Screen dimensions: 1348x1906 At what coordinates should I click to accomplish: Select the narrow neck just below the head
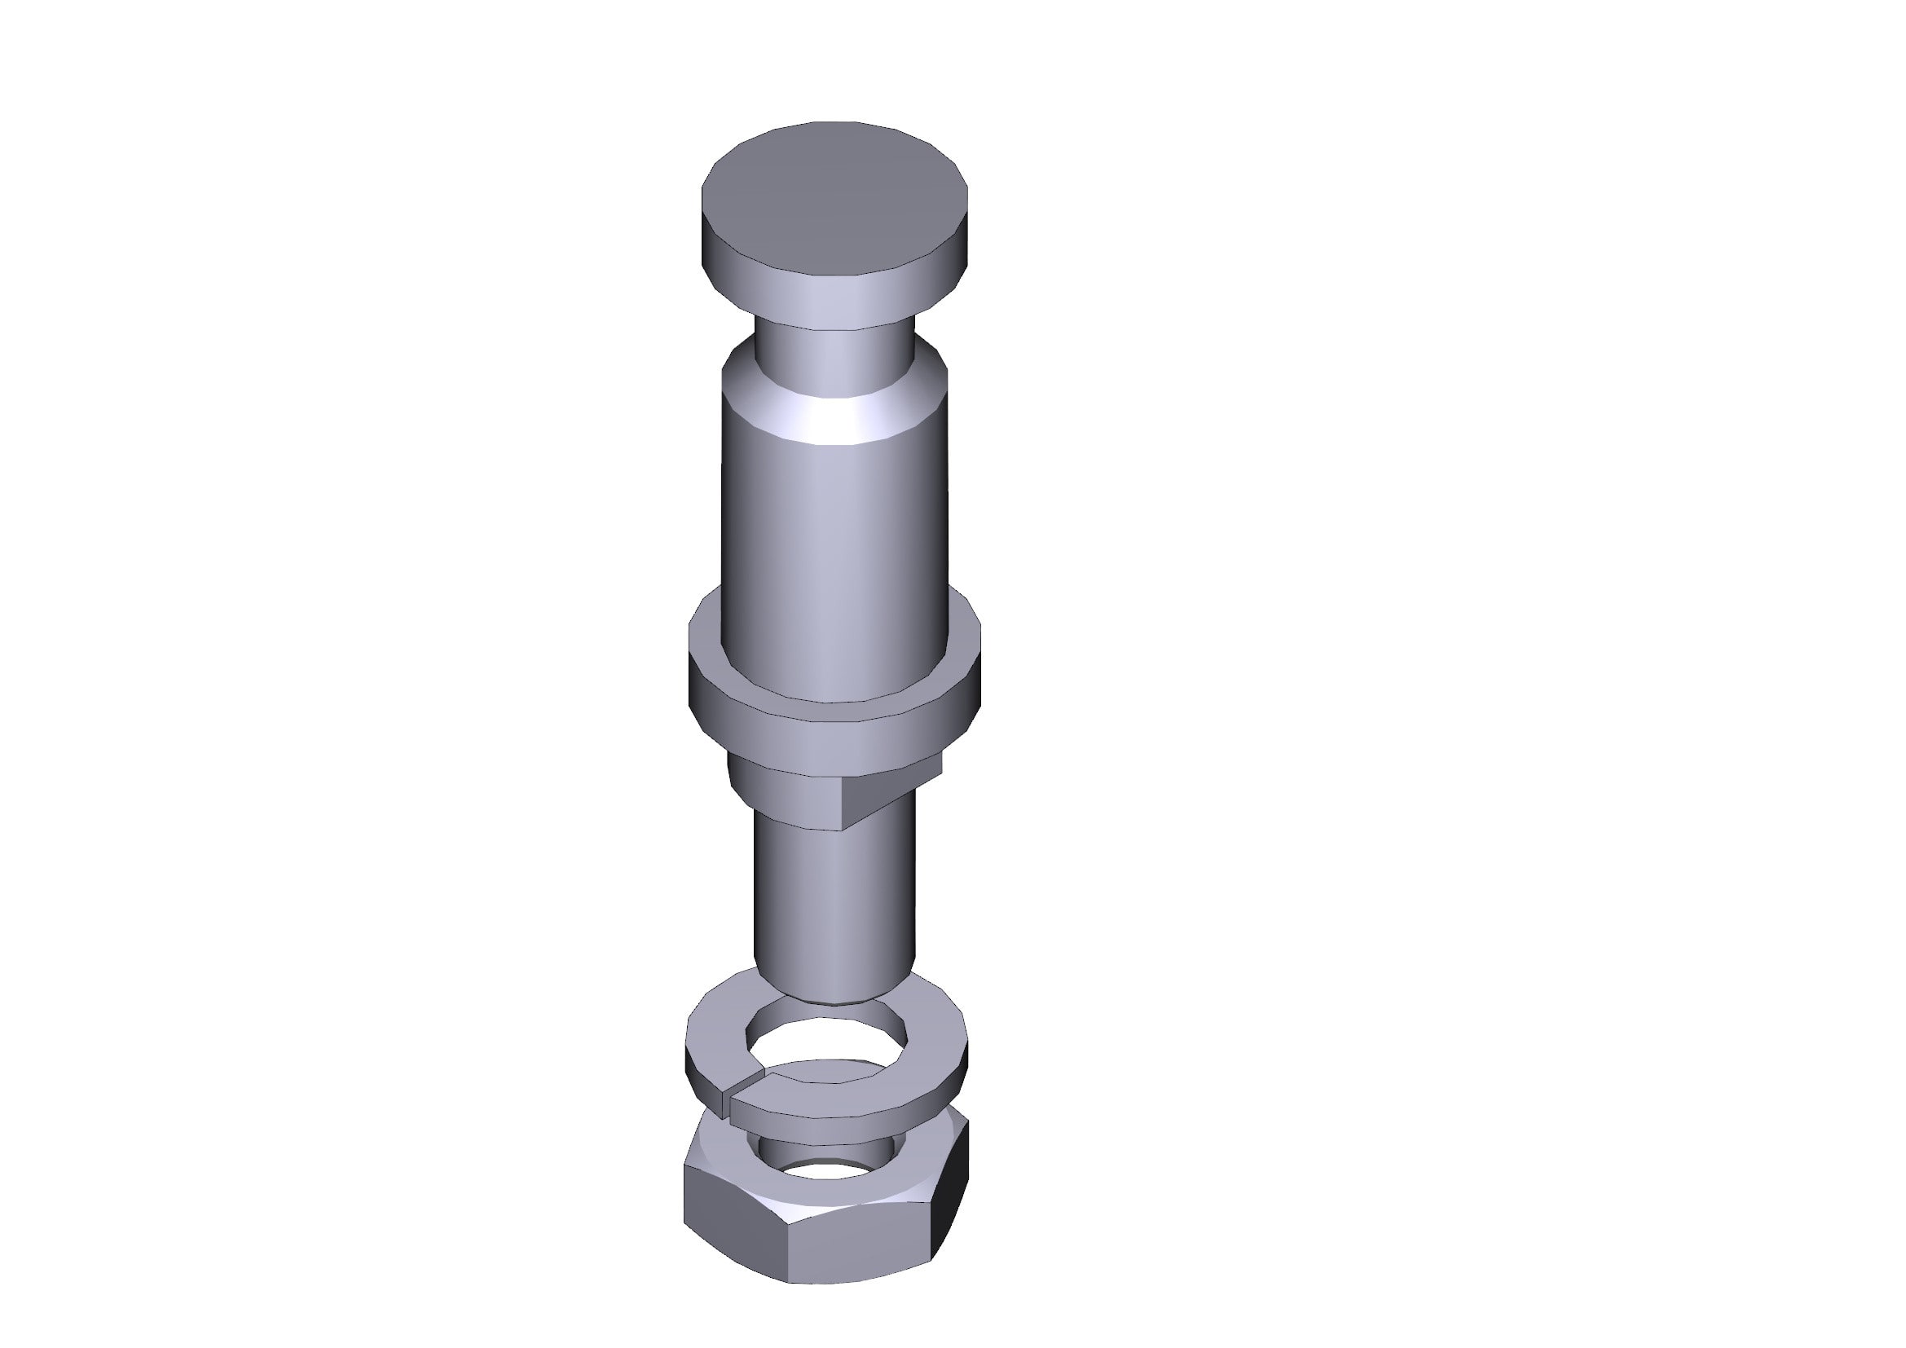tap(834, 350)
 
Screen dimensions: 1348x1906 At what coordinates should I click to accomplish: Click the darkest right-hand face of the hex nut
tap(953, 1196)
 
